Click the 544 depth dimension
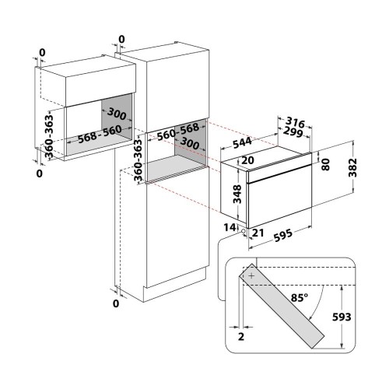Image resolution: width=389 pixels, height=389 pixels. coord(242,143)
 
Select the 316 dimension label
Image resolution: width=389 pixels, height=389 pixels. coord(295,122)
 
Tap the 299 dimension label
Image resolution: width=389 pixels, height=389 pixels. coord(293,131)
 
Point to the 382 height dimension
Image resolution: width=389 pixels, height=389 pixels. coord(352,167)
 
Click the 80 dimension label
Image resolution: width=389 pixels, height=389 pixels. coord(325,164)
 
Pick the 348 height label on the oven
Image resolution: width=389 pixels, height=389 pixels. coord(237,194)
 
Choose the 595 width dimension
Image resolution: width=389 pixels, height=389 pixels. coord(283,236)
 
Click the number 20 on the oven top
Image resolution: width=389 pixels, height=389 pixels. coord(247,160)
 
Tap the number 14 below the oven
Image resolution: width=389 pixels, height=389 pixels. coord(230,228)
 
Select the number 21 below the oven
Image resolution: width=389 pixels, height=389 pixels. coord(258,233)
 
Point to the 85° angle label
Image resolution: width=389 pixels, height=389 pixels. coord(300,297)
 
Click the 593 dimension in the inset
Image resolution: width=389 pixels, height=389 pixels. coord(342,317)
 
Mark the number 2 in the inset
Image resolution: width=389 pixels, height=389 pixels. coord(241,337)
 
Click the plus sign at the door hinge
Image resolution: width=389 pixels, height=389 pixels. coord(251,275)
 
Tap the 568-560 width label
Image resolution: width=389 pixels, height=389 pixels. coord(100,134)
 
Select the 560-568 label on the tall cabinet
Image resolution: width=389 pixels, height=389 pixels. coord(178,131)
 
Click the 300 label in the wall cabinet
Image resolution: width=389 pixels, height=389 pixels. coord(117,114)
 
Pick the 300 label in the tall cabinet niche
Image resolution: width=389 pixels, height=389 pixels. coord(190,143)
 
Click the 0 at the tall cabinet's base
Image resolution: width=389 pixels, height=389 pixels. coord(116,303)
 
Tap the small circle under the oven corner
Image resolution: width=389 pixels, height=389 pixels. coord(244,231)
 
